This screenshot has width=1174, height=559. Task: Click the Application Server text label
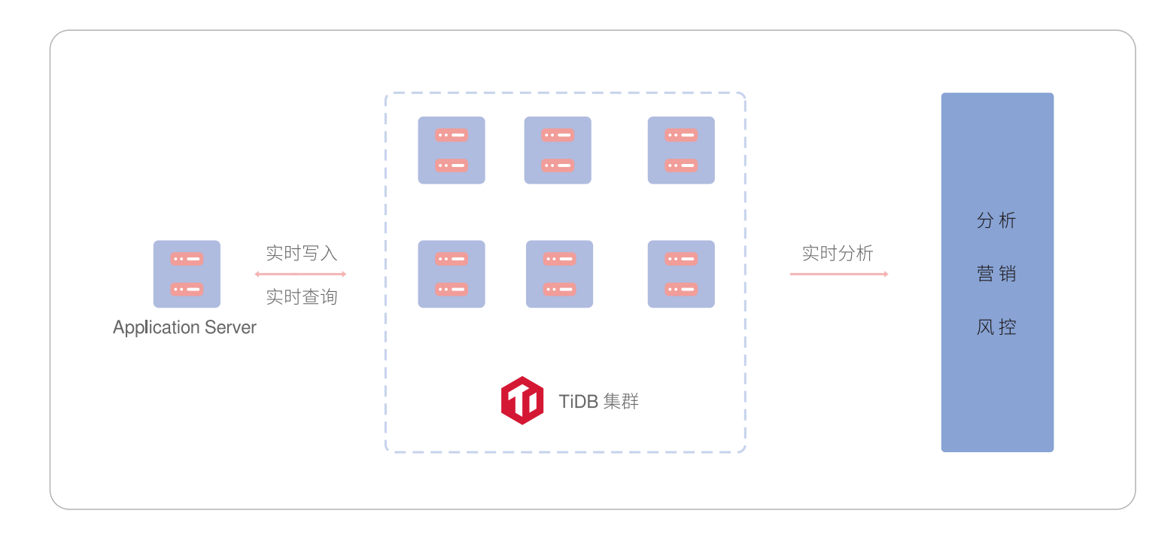point(184,328)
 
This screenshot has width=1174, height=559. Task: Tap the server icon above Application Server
point(187,274)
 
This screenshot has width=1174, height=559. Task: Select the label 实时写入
point(301,253)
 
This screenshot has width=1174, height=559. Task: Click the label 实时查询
point(301,297)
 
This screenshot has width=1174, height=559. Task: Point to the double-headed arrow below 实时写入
point(300,274)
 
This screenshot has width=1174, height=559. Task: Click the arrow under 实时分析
point(839,274)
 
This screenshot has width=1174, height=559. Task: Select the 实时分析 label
point(838,253)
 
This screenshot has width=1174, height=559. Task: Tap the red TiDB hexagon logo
point(522,400)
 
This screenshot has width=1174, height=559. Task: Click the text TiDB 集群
point(598,401)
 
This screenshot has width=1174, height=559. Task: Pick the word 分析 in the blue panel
point(996,220)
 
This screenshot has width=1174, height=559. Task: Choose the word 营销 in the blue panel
point(996,273)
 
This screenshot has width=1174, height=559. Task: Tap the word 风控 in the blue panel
point(996,327)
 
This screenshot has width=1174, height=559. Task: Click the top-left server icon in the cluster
point(452,150)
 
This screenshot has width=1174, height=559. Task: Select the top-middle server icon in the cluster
point(558,150)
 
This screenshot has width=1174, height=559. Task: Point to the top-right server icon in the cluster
point(681,150)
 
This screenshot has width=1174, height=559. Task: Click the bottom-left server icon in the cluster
point(452,274)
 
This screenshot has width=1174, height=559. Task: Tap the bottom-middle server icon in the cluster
point(559,274)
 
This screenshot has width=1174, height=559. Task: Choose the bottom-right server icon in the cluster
point(681,274)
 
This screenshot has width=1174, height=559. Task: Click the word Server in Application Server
point(230,327)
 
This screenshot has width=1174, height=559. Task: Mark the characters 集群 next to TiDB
point(621,401)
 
